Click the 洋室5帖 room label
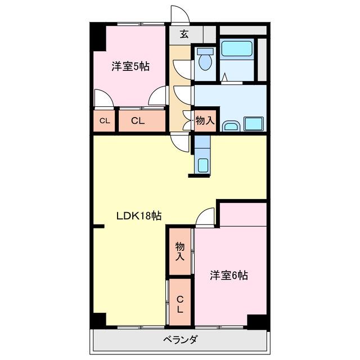130,66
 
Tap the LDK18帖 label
139,216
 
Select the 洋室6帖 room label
229,275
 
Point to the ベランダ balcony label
181,339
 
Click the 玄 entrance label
184,34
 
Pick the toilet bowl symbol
205,59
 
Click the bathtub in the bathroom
236,49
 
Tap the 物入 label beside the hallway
205,120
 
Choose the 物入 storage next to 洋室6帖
180,251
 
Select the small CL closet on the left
105,121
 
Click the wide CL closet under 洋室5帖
142,121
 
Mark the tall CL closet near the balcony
180,302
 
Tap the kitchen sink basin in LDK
203,165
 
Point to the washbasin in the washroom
231,126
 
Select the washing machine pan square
254,124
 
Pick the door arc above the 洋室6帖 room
205,218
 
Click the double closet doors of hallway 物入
188,120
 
